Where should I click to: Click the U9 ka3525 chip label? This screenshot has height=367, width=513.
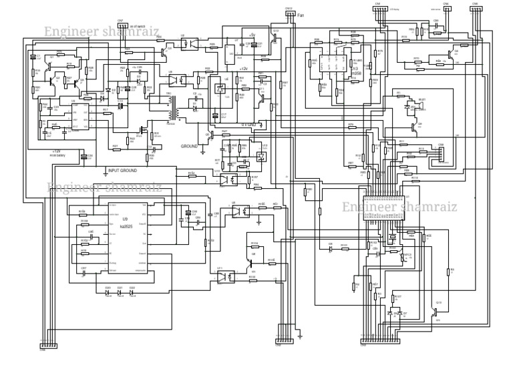125,223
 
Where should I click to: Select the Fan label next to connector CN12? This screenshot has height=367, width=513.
301,13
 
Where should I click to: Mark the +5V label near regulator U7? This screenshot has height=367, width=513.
251,35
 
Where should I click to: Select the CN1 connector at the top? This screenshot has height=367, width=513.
377,7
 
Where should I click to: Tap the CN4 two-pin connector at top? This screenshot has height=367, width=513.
446,7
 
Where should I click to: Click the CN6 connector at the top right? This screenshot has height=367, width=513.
475,7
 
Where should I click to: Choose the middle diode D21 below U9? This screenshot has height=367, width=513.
120,292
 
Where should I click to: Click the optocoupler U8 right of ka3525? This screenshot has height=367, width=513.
237,209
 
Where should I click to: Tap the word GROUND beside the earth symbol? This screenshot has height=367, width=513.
190,145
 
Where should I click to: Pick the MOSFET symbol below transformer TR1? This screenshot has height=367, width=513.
144,128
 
